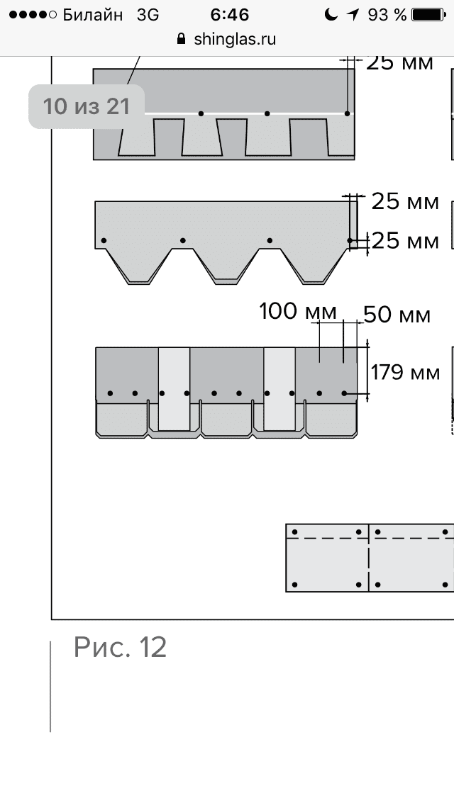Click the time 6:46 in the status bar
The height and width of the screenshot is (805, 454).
pyautogui.click(x=227, y=15)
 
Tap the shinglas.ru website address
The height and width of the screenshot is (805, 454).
pyautogui.click(x=235, y=39)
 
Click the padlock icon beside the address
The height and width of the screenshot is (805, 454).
pyautogui.click(x=182, y=39)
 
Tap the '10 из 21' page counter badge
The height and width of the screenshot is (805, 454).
pyautogui.click(x=87, y=106)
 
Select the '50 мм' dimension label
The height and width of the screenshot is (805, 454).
pyautogui.click(x=397, y=314)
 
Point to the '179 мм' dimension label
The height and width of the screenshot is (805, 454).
pyautogui.click(x=405, y=371)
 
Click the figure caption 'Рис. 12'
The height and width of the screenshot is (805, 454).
pyautogui.click(x=120, y=647)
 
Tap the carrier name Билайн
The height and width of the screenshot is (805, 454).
pyautogui.click(x=92, y=15)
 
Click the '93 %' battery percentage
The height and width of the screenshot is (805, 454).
pyautogui.click(x=389, y=15)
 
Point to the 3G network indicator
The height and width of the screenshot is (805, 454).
pyautogui.click(x=148, y=15)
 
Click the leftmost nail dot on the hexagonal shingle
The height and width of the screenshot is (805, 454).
pyautogui.click(x=104, y=241)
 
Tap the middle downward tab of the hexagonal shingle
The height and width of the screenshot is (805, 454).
pyautogui.click(x=226, y=265)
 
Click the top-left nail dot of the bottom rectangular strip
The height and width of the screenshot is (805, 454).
pyautogui.click(x=295, y=531)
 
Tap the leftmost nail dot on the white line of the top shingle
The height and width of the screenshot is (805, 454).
pyautogui.click(x=201, y=113)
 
